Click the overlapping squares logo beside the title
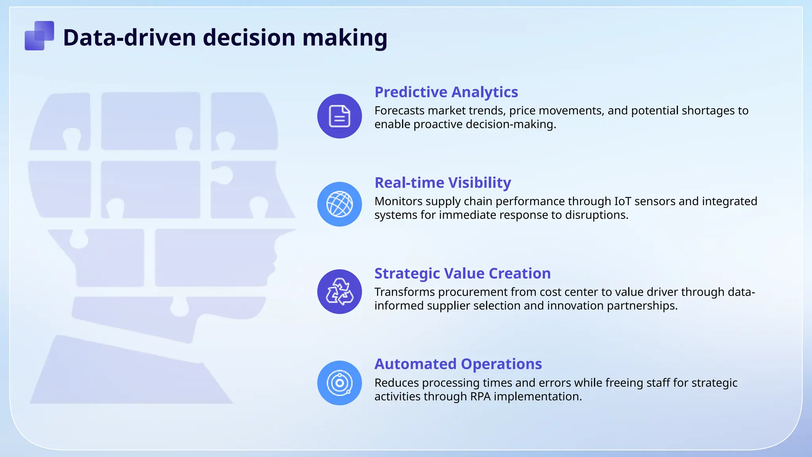click(39, 36)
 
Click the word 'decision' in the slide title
click(249, 38)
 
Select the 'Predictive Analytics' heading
click(446, 92)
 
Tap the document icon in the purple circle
click(339, 116)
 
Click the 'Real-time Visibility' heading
click(442, 183)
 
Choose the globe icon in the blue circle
click(339, 204)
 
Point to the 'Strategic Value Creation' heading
click(462, 274)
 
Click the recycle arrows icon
click(339, 292)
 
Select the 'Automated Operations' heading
click(458, 364)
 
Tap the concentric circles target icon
click(339, 383)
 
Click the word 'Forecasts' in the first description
click(399, 111)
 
